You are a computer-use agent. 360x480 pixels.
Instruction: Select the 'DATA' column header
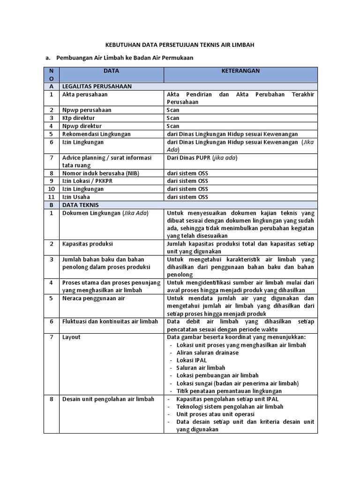(x=112, y=71)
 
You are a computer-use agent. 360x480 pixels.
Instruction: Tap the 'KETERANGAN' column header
(x=240, y=71)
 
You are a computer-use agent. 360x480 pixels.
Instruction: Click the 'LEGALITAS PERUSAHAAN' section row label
(x=97, y=86)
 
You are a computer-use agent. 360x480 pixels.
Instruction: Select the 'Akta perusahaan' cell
(x=85, y=94)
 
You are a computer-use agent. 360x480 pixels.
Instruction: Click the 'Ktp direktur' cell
(x=78, y=118)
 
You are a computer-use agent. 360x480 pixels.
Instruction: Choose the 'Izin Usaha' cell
(x=76, y=197)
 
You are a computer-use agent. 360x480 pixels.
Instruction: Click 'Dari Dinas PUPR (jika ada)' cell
(x=202, y=157)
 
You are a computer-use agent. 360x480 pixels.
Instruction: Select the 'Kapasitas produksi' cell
(x=87, y=244)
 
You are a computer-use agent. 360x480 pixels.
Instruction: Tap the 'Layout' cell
(x=71, y=337)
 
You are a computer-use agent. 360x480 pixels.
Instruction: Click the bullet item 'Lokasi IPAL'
(x=191, y=360)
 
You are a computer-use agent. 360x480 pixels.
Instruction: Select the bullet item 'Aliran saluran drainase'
(x=208, y=352)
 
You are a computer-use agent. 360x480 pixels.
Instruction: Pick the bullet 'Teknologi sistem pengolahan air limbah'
(x=230, y=407)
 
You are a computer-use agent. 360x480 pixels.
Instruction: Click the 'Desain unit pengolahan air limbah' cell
(x=108, y=399)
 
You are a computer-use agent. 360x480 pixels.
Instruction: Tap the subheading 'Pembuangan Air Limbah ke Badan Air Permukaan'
(x=125, y=58)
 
